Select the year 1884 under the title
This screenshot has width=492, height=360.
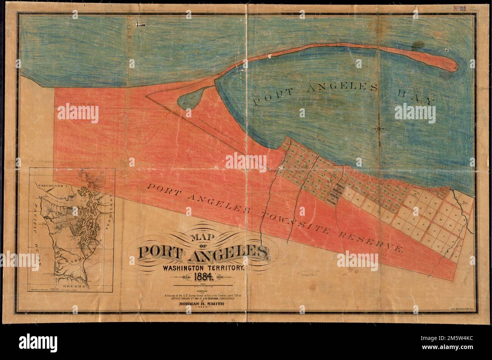(203, 277)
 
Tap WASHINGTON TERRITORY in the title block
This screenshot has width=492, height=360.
(204, 267)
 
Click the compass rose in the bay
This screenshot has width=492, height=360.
(379, 129)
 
